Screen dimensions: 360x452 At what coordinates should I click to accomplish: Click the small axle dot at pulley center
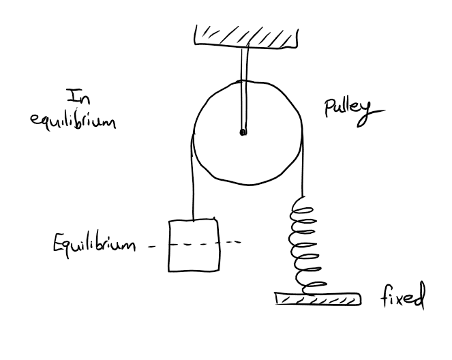coord(243,134)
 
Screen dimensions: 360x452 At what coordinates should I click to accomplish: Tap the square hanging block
coord(194,243)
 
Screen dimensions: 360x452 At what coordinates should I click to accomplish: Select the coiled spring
coord(306,242)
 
